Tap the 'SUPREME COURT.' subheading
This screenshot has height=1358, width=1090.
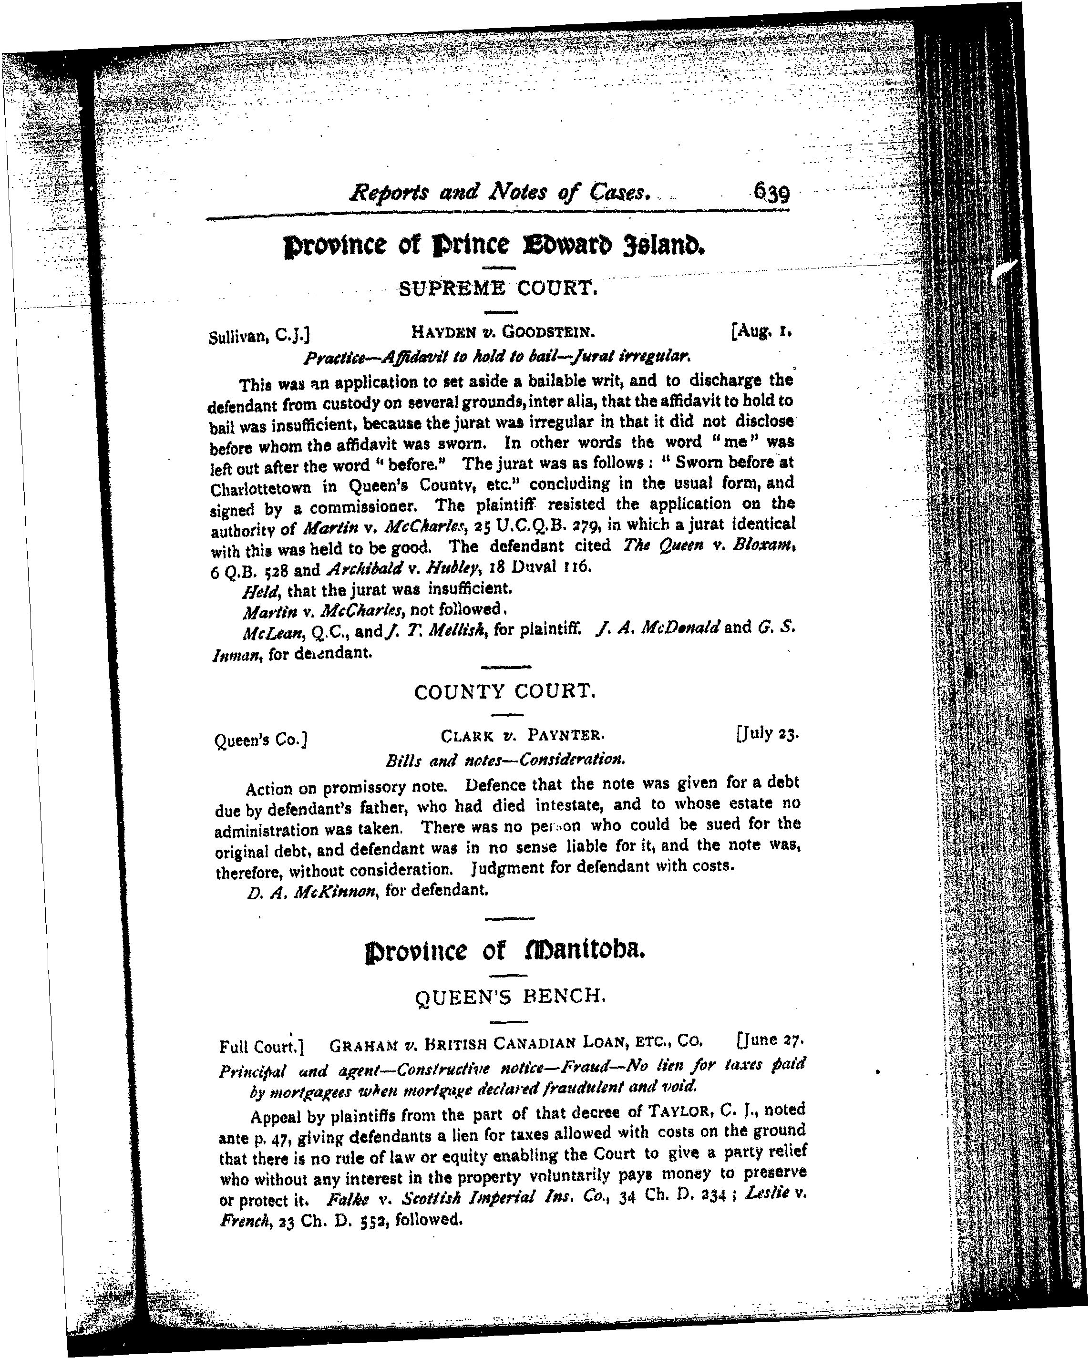[497, 289]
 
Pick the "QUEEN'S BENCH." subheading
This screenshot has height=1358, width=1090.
[511, 996]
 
